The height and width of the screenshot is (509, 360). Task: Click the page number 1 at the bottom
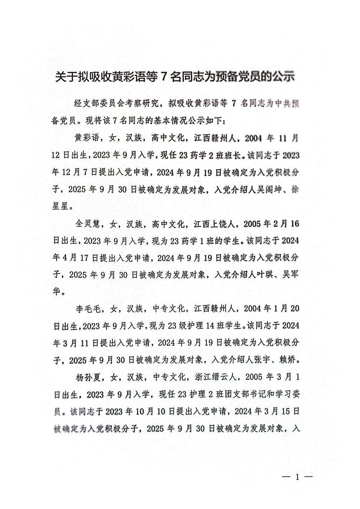(297, 477)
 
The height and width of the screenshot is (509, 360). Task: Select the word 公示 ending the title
(283, 77)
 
